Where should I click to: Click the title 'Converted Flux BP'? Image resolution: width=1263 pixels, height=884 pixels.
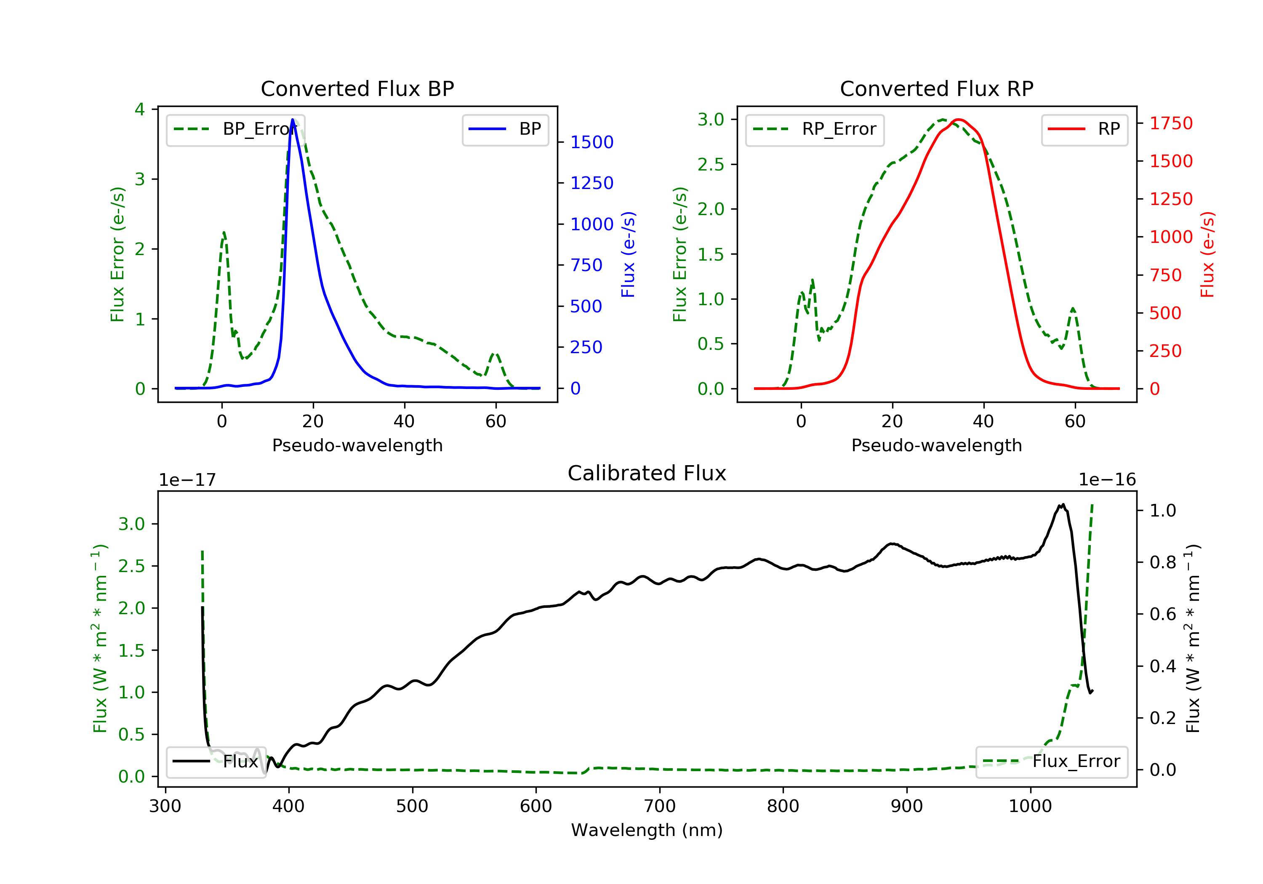(357, 88)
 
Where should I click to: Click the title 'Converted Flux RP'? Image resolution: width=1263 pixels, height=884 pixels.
(936, 88)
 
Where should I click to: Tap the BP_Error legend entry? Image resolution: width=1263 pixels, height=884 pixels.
(235, 130)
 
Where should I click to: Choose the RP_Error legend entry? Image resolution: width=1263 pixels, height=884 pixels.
(815, 130)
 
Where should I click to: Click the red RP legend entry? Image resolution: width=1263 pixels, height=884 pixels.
(1084, 130)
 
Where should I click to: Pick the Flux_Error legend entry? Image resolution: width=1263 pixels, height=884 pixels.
(1051, 762)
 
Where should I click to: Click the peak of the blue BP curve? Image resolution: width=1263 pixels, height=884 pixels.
(293, 120)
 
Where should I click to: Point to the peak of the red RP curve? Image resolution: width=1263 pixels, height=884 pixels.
(958, 120)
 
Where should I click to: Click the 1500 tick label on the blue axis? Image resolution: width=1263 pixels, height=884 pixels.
(592, 142)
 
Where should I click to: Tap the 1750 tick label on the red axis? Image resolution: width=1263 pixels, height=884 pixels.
(1171, 123)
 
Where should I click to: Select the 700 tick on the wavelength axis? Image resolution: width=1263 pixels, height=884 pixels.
(660, 807)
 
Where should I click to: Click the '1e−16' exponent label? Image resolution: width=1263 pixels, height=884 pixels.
(1107, 480)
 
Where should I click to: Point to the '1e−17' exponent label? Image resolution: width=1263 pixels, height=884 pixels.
(187, 480)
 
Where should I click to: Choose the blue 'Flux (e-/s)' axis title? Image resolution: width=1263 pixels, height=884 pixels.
(628, 254)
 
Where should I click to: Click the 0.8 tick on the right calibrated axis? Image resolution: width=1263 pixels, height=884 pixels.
(1162, 562)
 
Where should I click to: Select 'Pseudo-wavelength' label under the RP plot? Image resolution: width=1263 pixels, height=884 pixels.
(936, 445)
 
